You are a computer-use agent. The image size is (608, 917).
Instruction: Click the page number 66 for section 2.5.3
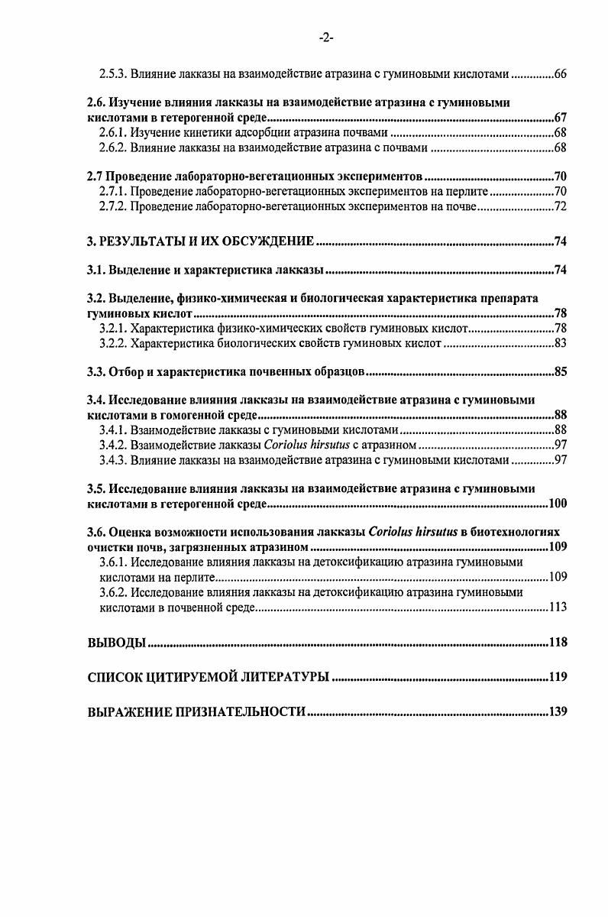(x=559, y=75)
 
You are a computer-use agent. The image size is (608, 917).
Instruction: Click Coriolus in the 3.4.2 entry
(x=285, y=444)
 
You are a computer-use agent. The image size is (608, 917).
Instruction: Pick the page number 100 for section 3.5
(x=558, y=505)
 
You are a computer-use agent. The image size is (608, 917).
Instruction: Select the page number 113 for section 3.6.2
(x=558, y=608)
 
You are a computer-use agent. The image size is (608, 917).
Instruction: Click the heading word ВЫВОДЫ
(x=115, y=643)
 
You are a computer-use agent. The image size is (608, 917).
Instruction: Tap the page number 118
(x=558, y=643)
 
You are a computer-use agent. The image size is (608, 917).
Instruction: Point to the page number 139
(x=558, y=711)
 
